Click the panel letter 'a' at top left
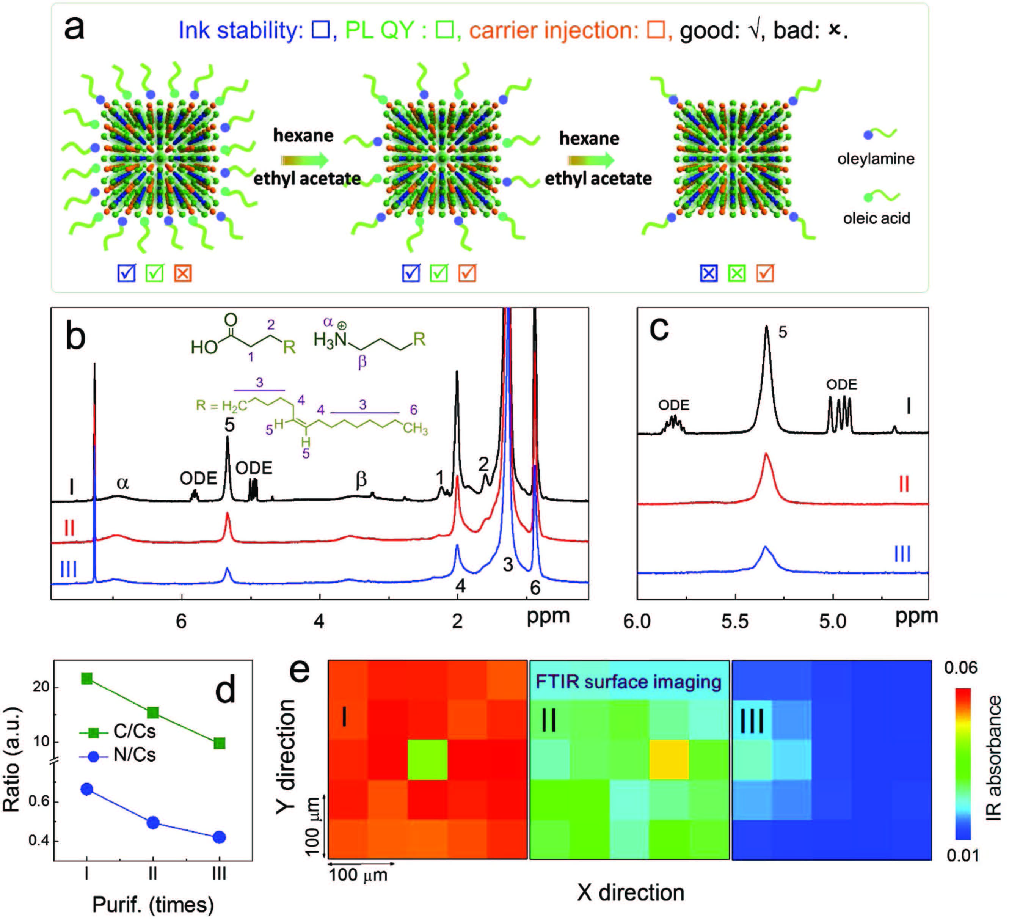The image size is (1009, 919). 74,28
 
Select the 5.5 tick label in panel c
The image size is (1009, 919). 735,622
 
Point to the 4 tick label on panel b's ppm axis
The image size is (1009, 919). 319,622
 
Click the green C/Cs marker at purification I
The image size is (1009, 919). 86,678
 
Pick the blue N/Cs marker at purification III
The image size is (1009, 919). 219,837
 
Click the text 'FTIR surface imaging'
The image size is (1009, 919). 628,682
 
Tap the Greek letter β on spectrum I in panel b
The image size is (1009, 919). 361,479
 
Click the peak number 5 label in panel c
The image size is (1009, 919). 782,332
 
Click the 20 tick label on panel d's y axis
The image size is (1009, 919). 41,687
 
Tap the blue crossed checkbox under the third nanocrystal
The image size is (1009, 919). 709,273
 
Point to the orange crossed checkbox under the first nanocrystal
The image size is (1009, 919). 183,273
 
